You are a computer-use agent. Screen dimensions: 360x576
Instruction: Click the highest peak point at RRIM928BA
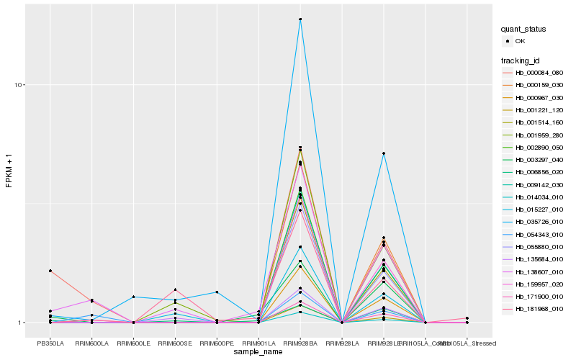coord(300,19)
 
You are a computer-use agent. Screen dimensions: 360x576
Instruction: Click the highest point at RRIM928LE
coord(384,153)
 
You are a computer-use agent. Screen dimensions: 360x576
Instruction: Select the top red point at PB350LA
coord(50,271)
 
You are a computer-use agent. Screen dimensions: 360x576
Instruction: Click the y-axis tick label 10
coord(19,85)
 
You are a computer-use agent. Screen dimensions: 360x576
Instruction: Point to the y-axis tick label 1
coord(22,323)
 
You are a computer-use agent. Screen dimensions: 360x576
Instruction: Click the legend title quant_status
coord(523,29)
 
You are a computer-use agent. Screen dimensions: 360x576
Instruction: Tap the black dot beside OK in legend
coord(508,41)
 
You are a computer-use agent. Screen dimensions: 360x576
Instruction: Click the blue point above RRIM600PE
coord(217,292)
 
